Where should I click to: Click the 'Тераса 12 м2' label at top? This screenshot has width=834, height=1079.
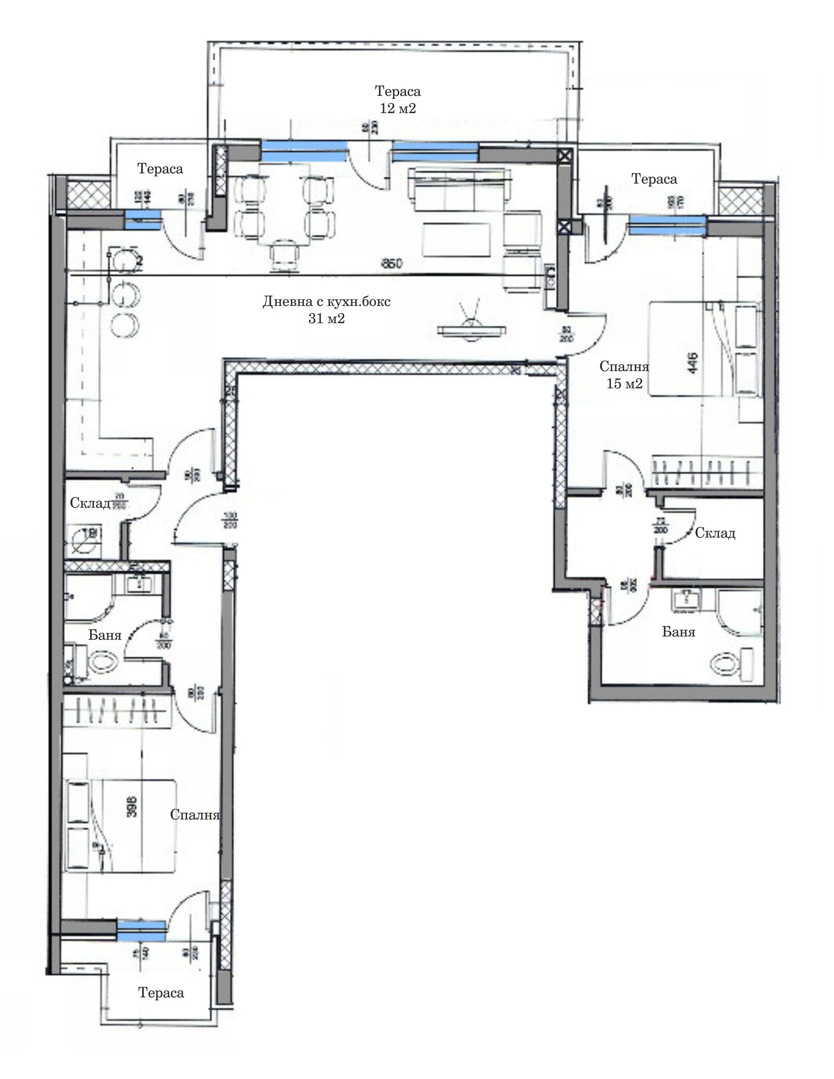click(x=397, y=100)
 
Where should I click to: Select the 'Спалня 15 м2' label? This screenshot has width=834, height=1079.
click(x=624, y=375)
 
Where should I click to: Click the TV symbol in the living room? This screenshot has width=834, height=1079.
click(x=472, y=328)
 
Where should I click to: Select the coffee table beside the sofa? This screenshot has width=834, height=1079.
click(x=457, y=239)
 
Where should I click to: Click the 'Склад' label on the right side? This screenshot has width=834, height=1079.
click(x=715, y=533)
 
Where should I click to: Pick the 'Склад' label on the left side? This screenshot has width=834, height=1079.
click(x=90, y=503)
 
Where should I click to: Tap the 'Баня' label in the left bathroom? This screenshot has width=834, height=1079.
click(x=105, y=635)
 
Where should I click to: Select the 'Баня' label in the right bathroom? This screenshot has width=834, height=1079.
click(x=678, y=632)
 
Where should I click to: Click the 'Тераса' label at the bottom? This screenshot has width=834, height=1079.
click(x=161, y=993)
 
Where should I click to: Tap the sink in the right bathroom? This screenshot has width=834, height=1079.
click(x=685, y=599)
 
